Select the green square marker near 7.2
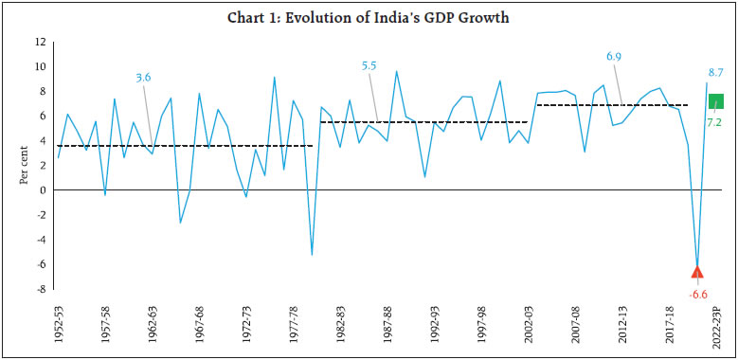(x=717, y=101)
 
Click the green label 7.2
(x=715, y=123)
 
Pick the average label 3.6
(x=144, y=78)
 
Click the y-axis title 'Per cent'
(x=24, y=166)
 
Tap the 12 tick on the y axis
(x=40, y=43)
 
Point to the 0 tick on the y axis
(x=43, y=190)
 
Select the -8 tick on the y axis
(x=41, y=289)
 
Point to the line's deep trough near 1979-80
(x=312, y=254)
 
